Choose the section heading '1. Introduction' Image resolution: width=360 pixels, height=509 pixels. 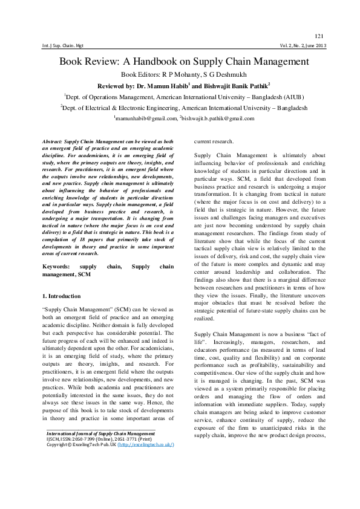[x=63, y=296]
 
